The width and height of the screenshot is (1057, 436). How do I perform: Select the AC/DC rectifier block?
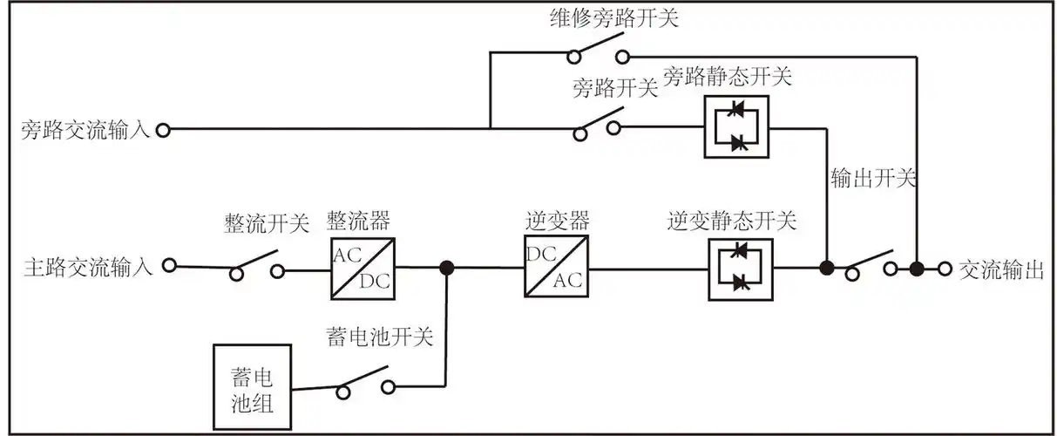(x=362, y=268)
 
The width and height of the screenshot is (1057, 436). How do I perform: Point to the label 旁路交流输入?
(x=85, y=131)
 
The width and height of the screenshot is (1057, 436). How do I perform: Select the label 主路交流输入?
(x=85, y=267)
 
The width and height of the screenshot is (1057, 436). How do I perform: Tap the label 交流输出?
(x=1000, y=269)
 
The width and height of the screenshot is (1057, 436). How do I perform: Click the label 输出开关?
(x=873, y=180)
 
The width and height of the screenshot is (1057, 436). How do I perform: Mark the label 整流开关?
(x=266, y=223)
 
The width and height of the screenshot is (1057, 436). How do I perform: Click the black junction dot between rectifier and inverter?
(x=446, y=268)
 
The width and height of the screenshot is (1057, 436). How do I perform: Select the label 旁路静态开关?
(x=728, y=77)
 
